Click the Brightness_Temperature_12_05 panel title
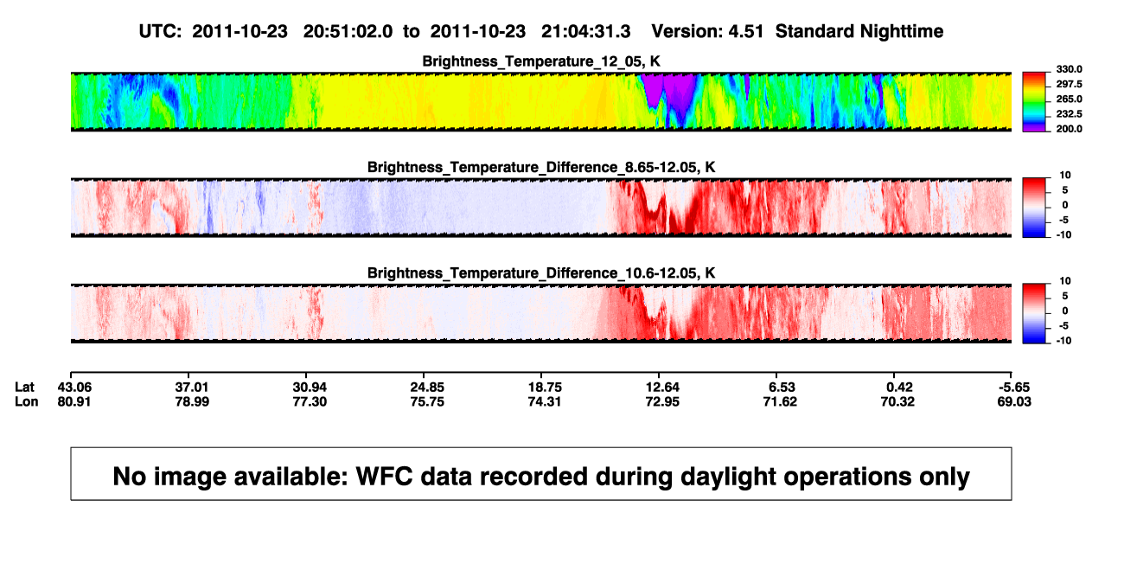(541, 61)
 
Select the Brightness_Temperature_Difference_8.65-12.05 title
(541, 167)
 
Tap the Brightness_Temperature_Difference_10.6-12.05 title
(541, 273)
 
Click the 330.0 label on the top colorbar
(1069, 69)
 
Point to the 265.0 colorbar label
(1069, 99)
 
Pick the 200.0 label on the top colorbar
(1069, 129)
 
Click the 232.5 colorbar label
(1069, 114)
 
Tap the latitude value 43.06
(74, 388)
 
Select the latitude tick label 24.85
(427, 388)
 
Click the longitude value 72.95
(662, 401)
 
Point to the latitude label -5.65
(1014, 388)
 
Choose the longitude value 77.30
(310, 401)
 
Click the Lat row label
(24, 388)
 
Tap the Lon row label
(26, 401)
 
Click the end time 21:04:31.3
(585, 31)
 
